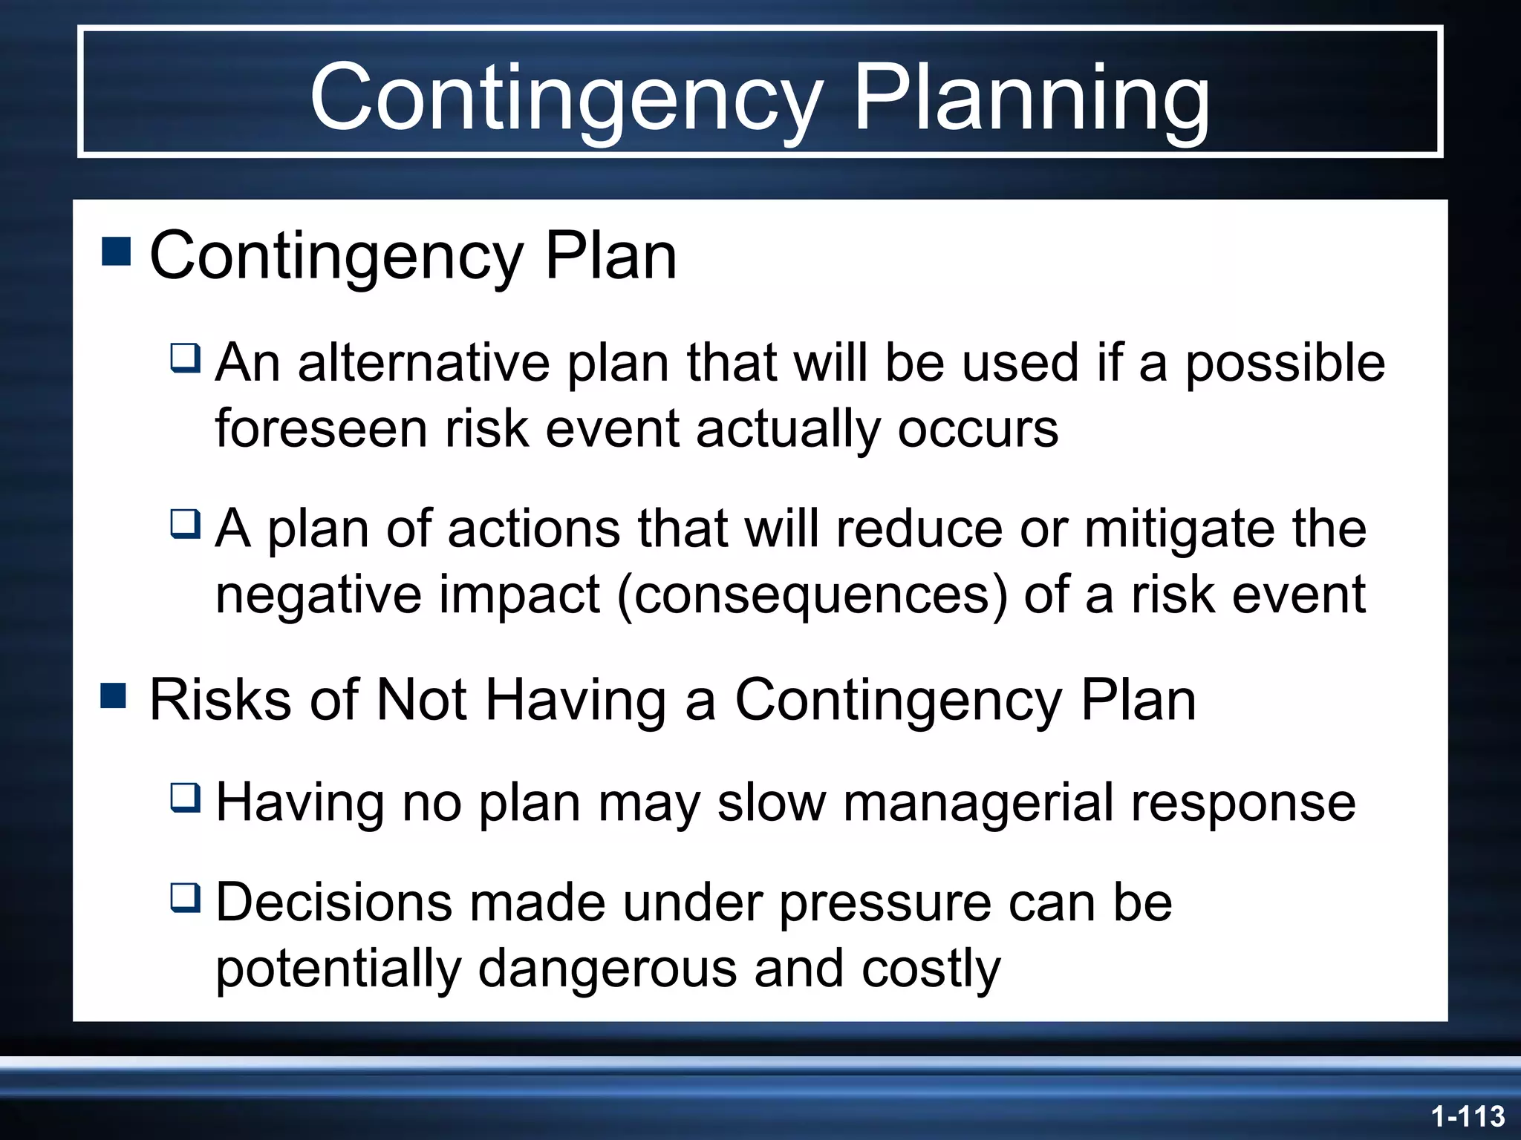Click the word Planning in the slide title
(x=1032, y=99)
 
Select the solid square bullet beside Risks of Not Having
(x=114, y=696)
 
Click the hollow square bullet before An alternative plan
(x=185, y=358)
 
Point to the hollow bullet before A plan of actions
(x=185, y=523)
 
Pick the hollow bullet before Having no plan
(x=185, y=797)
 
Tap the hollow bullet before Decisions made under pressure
(x=185, y=897)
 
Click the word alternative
(x=424, y=363)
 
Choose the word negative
(x=319, y=595)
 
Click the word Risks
(x=220, y=700)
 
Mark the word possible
(x=1285, y=364)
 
